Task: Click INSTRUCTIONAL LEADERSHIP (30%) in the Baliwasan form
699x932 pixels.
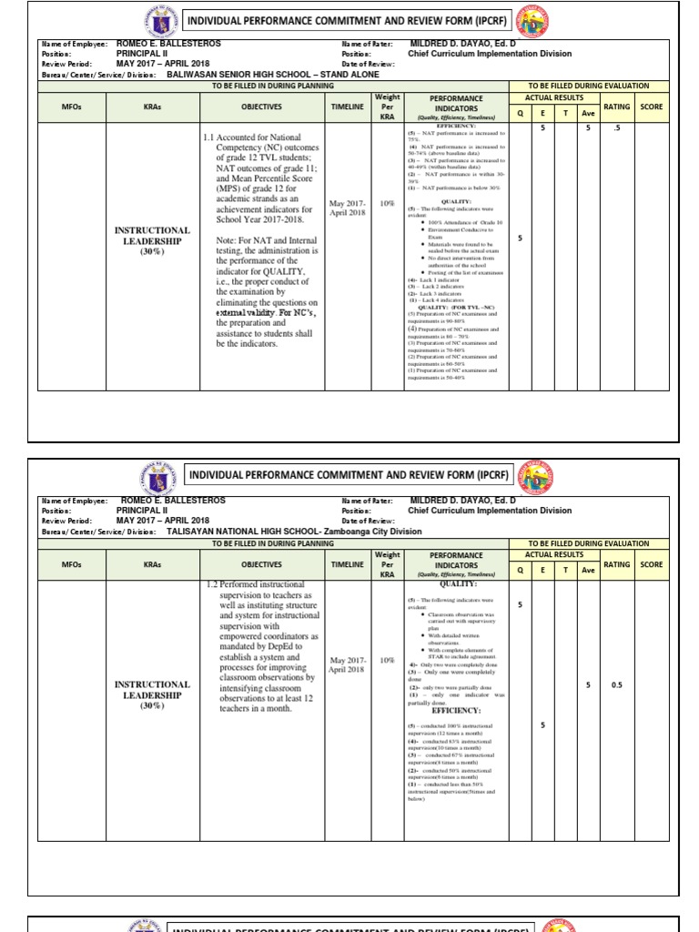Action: (x=151, y=241)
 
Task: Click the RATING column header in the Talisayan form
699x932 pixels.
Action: (x=616, y=564)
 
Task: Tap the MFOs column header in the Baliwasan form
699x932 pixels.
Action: (x=71, y=106)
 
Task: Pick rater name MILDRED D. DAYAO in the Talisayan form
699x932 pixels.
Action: (x=463, y=501)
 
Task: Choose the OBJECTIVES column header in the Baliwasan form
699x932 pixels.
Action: (x=261, y=106)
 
